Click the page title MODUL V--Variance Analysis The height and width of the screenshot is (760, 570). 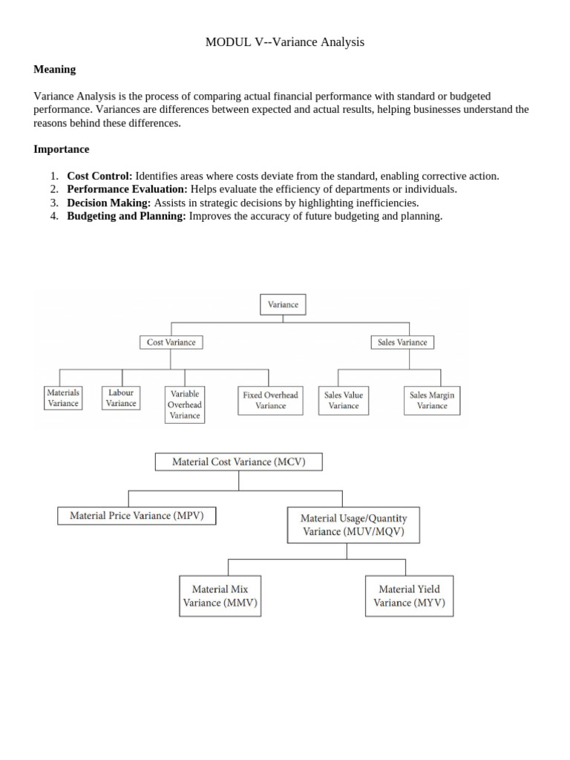click(x=285, y=42)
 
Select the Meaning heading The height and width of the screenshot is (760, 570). click(x=55, y=69)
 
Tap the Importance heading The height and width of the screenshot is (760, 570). click(x=61, y=149)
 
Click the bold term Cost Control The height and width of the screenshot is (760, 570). click(x=99, y=176)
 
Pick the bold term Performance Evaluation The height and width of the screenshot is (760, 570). click(x=127, y=189)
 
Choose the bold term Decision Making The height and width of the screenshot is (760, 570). click(x=108, y=203)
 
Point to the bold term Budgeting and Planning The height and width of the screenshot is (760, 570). click(x=126, y=216)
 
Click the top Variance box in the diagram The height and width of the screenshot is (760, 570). click(x=283, y=304)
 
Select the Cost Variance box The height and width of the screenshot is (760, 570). click(x=171, y=342)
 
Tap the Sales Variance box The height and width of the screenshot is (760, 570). click(x=402, y=342)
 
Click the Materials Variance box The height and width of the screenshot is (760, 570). click(x=63, y=398)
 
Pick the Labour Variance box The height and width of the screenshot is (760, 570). click(x=121, y=398)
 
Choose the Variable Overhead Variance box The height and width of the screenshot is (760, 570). click(x=185, y=404)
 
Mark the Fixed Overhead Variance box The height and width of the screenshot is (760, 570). click(x=270, y=400)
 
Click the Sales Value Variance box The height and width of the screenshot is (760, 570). click(x=344, y=400)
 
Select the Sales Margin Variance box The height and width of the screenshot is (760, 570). click(x=432, y=400)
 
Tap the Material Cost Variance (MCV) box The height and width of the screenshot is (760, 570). click(x=238, y=462)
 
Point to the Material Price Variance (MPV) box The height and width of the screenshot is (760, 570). click(x=137, y=515)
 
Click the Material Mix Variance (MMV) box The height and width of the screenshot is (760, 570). click(x=220, y=596)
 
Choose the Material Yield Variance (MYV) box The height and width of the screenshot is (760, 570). click(x=409, y=596)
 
